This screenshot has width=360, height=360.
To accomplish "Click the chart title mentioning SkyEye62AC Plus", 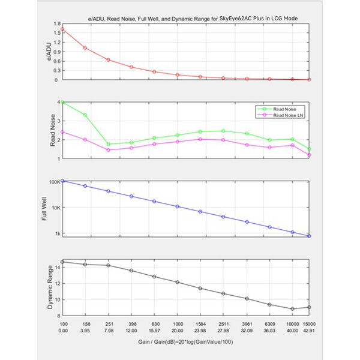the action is pos(193,19).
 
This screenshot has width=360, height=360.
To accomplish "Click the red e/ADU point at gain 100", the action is pos(62,29).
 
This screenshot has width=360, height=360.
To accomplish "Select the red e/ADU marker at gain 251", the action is pos(109,60).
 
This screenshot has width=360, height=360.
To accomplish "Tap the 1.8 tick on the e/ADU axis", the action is pos(57,23).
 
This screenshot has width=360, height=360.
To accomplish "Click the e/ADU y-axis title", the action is pos(49,52).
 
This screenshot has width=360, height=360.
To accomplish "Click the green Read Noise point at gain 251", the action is pos(109,144).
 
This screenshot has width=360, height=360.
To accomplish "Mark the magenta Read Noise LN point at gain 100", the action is pos(62,132).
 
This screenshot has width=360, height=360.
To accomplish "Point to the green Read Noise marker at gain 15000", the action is pos(309,149).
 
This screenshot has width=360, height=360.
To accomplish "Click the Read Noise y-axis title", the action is pos(53,130).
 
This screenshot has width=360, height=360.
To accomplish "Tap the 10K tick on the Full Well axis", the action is pos(56,208).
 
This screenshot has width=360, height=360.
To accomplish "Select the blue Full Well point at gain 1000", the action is pos(178,206).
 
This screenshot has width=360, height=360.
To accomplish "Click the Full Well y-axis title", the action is pos(44,209).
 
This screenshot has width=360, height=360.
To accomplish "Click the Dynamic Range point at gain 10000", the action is pos(293,309).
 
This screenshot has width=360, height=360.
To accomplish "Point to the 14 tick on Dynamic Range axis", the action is pos(58,268).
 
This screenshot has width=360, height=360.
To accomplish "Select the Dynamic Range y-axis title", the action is pos(50,287).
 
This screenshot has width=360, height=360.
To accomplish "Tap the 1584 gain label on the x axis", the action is pos(200,324).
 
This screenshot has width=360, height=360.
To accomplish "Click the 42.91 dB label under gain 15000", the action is pos(309,331).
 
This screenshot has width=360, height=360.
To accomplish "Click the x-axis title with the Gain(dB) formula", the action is pos(185,342).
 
